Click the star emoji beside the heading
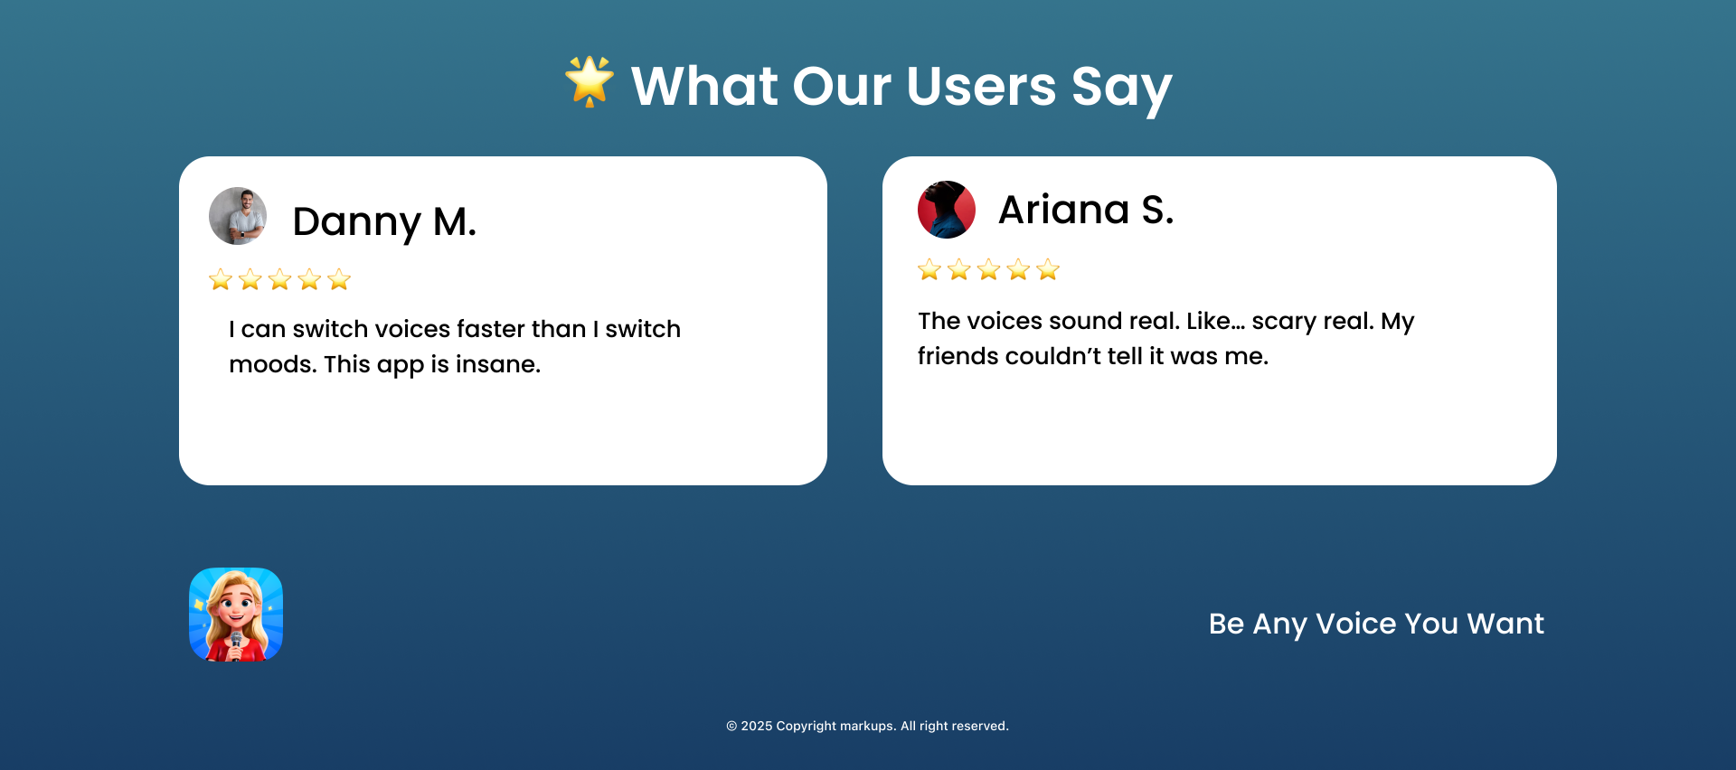pyautogui.click(x=590, y=81)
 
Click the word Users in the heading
pyautogui.click(x=981, y=86)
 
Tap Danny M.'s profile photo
pyautogui.click(x=238, y=216)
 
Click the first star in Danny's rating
pyautogui.click(x=221, y=279)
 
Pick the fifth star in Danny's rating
pyautogui.click(x=339, y=279)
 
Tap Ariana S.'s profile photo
pyautogui.click(x=947, y=210)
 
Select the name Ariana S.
pyautogui.click(x=1086, y=210)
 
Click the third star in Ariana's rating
pyautogui.click(x=989, y=269)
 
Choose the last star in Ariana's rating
pyautogui.click(x=1048, y=269)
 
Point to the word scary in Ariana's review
pyautogui.click(x=1284, y=322)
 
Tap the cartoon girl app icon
pyautogui.click(x=236, y=615)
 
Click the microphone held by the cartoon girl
pyautogui.click(x=236, y=644)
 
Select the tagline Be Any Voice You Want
pyautogui.click(x=1376, y=624)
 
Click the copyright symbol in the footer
pyautogui.click(x=731, y=726)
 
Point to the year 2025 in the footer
pyautogui.click(x=757, y=726)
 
